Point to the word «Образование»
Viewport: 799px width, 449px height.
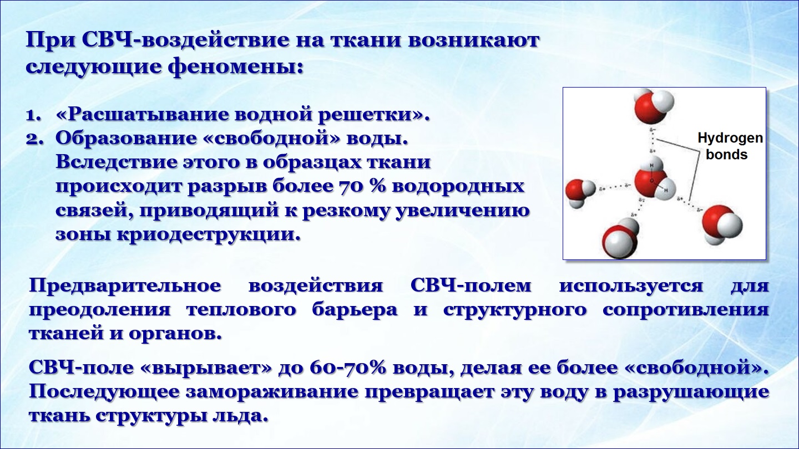[126, 139]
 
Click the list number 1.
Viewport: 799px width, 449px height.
[33, 116]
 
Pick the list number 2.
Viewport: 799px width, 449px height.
[34, 140]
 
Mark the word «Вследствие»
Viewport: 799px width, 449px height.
[115, 162]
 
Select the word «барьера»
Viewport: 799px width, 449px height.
[355, 310]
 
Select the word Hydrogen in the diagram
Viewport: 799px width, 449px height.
[730, 139]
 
